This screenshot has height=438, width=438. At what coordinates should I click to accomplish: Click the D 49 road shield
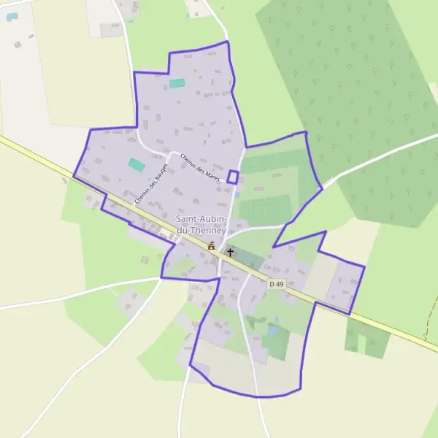(275, 283)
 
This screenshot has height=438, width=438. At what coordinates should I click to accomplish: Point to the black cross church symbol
(230, 253)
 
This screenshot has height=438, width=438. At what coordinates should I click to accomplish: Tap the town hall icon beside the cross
(212, 246)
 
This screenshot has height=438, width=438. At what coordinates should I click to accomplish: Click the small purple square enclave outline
(233, 177)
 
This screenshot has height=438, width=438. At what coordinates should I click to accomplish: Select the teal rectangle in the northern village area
(177, 83)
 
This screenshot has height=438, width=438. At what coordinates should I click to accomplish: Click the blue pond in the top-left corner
(12, 16)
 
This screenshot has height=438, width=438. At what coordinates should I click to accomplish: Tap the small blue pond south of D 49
(272, 330)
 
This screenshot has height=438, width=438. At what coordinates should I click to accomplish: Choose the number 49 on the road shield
(278, 283)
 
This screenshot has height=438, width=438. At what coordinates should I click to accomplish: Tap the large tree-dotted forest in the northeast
(350, 95)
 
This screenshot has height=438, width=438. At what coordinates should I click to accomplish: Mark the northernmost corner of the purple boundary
(227, 42)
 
